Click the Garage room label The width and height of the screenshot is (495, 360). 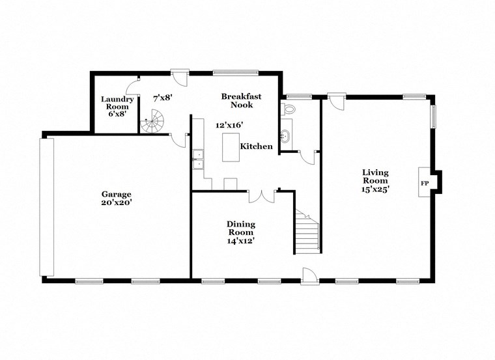pyautogui.click(x=116, y=194)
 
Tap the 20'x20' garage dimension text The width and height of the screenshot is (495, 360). pyautogui.click(x=116, y=202)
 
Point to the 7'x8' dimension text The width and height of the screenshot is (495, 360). pyautogui.click(x=162, y=98)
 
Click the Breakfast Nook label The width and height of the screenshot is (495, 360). pyautogui.click(x=241, y=100)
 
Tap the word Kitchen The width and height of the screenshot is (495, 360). pyautogui.click(x=257, y=146)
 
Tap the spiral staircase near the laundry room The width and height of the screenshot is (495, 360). pyautogui.click(x=155, y=122)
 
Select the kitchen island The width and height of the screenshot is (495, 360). pyautogui.click(x=229, y=146)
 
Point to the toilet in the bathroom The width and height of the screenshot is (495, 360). pyautogui.click(x=288, y=108)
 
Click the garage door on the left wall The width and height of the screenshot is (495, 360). pyautogui.click(x=47, y=207)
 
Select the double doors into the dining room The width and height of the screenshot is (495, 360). pyautogui.click(x=262, y=196)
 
